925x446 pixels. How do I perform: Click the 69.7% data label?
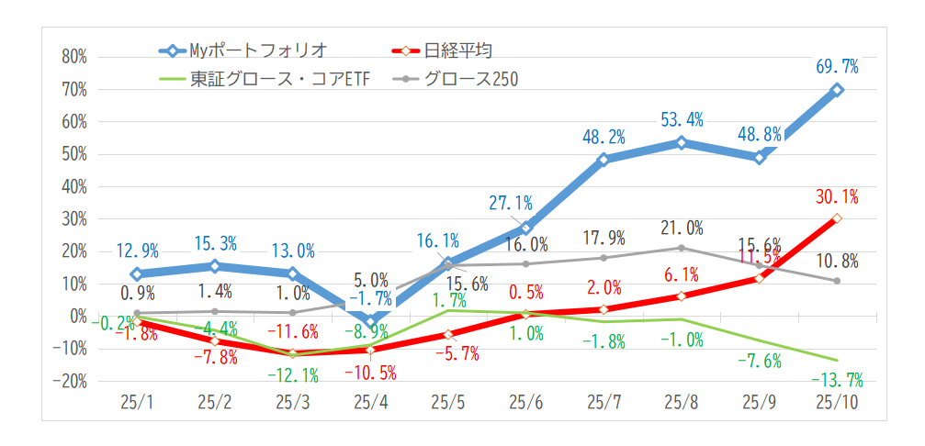[837, 66]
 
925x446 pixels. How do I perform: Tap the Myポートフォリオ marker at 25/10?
[837, 90]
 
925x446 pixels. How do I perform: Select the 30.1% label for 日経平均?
[837, 195]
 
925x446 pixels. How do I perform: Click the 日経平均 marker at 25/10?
[837, 218]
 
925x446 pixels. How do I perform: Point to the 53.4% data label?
[682, 119]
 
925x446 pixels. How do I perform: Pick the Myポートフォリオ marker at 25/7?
[604, 160]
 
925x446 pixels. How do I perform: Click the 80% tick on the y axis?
[73, 57]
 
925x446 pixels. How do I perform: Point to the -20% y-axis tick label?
[69, 381]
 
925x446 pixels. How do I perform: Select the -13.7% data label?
[837, 380]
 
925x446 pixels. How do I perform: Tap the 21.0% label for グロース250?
[682, 228]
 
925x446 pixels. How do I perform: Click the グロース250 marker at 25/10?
[837, 281]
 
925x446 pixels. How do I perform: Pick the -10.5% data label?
[370, 373]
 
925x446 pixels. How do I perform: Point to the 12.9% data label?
[138, 251]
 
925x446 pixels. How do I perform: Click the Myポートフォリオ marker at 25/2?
[215, 266]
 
